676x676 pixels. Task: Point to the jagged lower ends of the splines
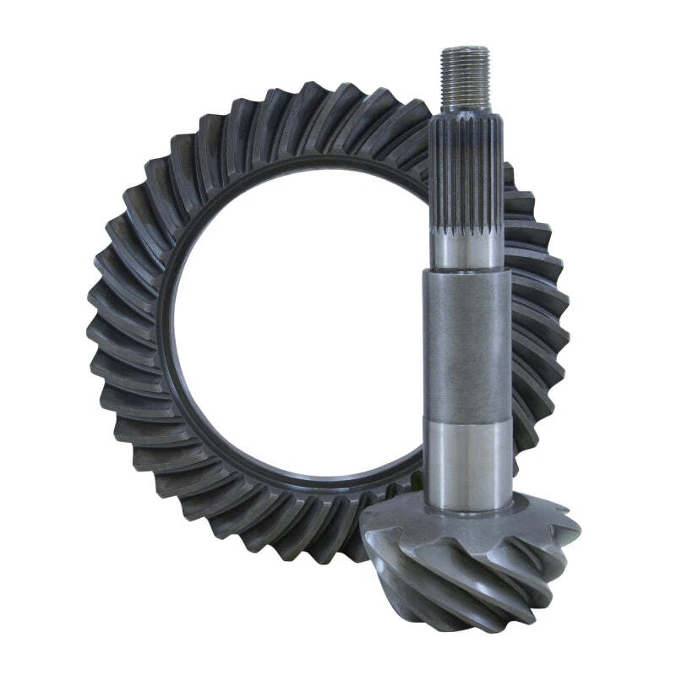click(x=467, y=230)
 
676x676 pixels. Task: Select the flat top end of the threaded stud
click(x=465, y=49)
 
